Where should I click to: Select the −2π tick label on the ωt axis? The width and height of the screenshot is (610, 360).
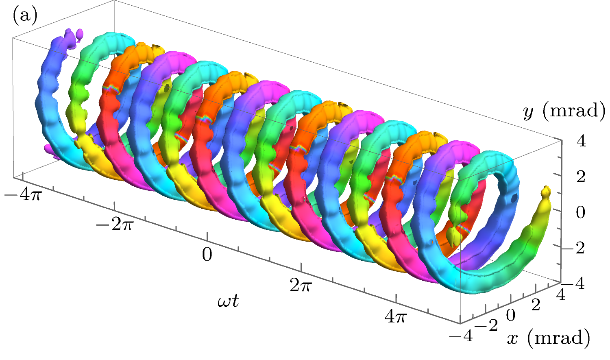pyautogui.click(x=114, y=225)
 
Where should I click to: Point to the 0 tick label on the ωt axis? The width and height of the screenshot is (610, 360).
pyautogui.click(x=207, y=255)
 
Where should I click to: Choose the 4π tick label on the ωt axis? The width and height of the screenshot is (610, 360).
pyautogui.click(x=396, y=316)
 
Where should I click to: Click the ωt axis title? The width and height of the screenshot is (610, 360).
pyautogui.click(x=228, y=301)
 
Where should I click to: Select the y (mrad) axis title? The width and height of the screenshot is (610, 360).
pyautogui.click(x=564, y=111)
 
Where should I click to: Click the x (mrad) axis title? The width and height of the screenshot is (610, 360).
pyautogui.click(x=549, y=338)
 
